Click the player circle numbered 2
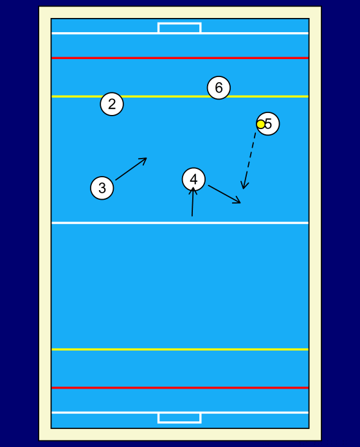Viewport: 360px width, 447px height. click(x=112, y=104)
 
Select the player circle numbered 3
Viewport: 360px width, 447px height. click(x=102, y=188)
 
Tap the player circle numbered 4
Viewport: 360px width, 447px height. click(x=194, y=179)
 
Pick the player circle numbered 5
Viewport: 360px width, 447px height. click(x=268, y=124)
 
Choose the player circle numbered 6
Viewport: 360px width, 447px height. click(x=219, y=87)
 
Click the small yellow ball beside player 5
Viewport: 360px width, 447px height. click(x=261, y=125)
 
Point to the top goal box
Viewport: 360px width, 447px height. click(x=179, y=28)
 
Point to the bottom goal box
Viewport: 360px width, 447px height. click(x=179, y=418)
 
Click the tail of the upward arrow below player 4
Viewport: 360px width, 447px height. click(x=192, y=216)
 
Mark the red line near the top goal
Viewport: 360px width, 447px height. click(x=180, y=58)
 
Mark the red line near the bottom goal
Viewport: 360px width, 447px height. click(x=180, y=388)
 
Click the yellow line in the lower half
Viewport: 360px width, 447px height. click(x=180, y=349)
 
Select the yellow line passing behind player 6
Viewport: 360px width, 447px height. click(x=180, y=96)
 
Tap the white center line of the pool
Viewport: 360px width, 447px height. click(x=180, y=223)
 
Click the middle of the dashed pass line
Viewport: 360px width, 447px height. click(x=249, y=161)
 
